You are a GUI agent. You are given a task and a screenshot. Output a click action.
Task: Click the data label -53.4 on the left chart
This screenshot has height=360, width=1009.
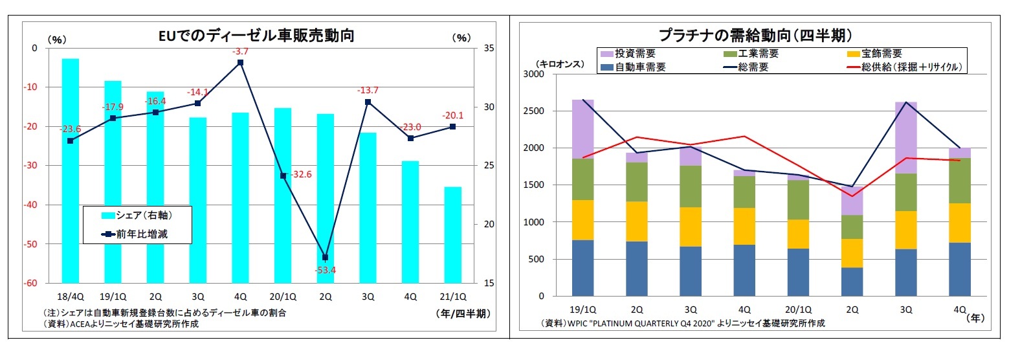click(x=325, y=270)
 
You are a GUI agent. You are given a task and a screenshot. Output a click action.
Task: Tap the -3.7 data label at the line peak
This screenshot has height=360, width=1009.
click(x=241, y=51)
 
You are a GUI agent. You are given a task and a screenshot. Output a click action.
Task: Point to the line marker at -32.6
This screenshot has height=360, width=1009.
click(x=283, y=175)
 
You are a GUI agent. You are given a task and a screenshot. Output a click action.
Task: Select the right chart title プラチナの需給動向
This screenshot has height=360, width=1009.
click(x=754, y=34)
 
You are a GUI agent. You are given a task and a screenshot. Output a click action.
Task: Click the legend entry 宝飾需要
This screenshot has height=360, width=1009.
click(x=873, y=54)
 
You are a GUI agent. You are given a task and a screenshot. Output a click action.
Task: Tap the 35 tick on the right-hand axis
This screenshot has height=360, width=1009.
click(x=489, y=49)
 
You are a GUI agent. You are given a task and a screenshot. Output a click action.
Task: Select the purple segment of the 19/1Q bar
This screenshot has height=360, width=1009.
click(x=583, y=129)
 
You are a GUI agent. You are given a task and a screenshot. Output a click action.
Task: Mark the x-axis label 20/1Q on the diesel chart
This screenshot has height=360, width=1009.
click(x=282, y=297)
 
